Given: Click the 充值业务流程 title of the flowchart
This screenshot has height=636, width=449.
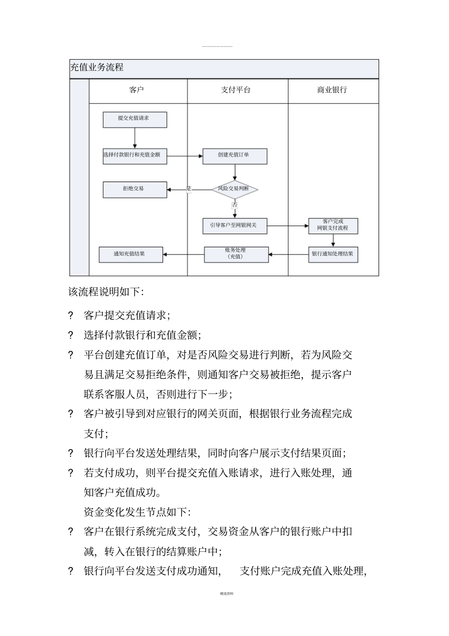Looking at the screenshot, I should (x=97, y=68).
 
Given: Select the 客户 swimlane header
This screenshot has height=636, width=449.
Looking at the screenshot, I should (x=137, y=90).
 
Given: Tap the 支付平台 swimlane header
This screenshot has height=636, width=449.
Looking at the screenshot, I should (x=236, y=90).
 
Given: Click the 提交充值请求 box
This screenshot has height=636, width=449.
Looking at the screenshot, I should (x=135, y=119).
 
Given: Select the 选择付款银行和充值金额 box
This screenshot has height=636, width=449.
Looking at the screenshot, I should (x=135, y=156).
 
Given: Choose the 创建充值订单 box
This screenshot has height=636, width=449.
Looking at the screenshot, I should (x=234, y=156).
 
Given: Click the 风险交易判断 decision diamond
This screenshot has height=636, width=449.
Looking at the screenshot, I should (x=234, y=189).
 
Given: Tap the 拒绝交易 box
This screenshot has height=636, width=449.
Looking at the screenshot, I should (x=135, y=189).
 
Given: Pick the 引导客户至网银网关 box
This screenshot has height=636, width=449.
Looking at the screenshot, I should (x=234, y=226).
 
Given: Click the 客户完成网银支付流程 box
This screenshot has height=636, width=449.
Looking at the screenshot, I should (x=333, y=226).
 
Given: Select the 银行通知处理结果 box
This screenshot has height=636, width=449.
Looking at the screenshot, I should (x=333, y=254).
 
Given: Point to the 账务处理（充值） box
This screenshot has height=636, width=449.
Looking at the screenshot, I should (x=236, y=254).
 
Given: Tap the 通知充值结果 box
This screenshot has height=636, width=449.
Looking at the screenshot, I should (x=130, y=254).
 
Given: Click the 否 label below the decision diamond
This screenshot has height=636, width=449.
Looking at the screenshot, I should (x=235, y=205).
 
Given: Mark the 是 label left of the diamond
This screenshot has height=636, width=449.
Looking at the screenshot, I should (x=189, y=189).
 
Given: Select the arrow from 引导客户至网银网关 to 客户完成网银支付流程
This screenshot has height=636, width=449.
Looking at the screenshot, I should (x=287, y=226).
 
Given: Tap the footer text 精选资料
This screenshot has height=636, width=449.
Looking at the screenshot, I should (x=227, y=593).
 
